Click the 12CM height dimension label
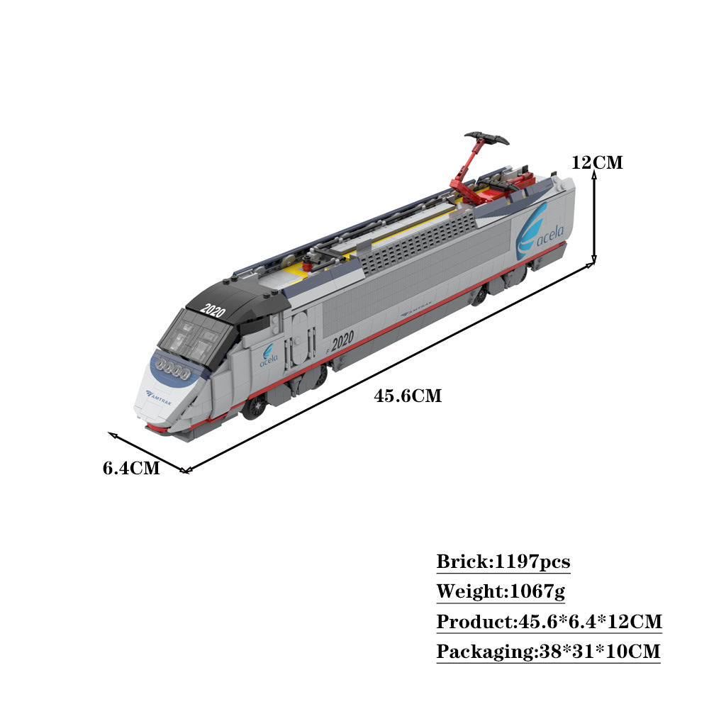(x=597, y=162)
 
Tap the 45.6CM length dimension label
(x=408, y=396)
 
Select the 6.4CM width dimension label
(x=131, y=468)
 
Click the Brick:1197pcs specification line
(x=503, y=562)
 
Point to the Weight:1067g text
(x=500, y=591)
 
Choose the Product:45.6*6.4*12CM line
(x=549, y=622)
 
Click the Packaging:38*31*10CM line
(x=548, y=652)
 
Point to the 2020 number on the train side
(x=342, y=338)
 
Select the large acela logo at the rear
(x=537, y=230)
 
